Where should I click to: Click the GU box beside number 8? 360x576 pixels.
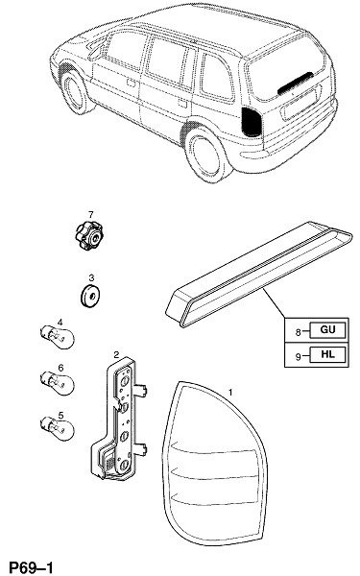point(327,330)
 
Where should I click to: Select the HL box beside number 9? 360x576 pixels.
point(327,354)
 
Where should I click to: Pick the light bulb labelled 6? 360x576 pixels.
point(57,383)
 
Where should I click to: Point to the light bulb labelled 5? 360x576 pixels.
point(57,428)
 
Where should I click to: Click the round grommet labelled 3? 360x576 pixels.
point(90,295)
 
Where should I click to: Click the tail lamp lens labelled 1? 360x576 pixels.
point(214,465)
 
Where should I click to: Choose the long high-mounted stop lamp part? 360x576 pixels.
point(258,274)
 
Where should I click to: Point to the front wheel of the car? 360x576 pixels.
point(75,92)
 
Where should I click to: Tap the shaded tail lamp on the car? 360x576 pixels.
point(252,122)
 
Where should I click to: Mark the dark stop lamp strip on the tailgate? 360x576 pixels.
point(296,83)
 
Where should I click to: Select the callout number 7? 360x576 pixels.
point(91,214)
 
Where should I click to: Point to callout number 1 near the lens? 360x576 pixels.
point(230,393)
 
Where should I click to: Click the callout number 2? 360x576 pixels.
point(116,354)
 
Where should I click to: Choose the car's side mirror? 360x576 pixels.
point(95,52)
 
